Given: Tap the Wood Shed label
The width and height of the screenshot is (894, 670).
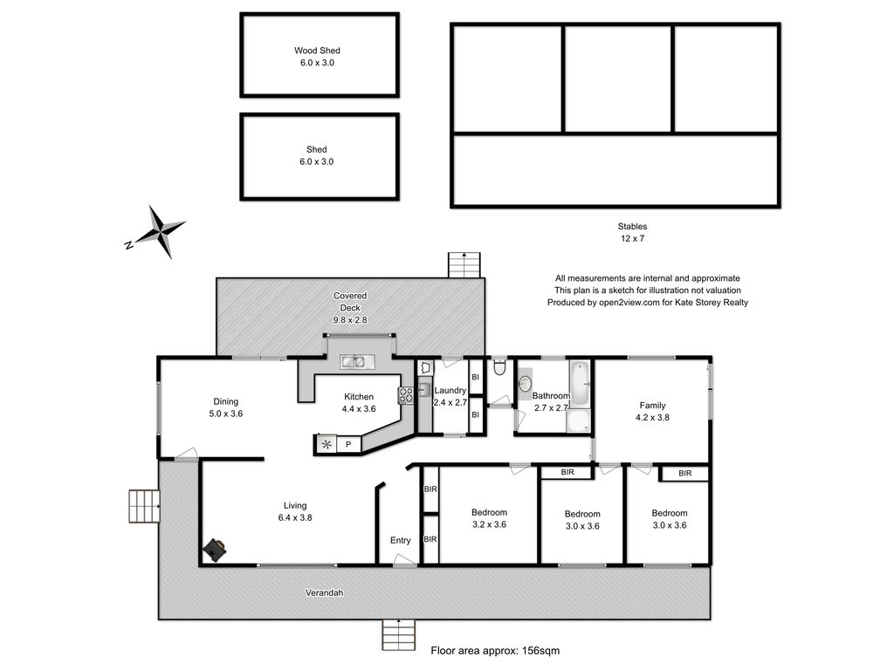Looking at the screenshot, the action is click(317, 50).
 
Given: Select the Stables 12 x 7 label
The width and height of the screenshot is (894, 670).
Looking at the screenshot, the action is click(632, 232).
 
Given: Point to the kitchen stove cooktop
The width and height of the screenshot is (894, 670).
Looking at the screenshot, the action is click(406, 395).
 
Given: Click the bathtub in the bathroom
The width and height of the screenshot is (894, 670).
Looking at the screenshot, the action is click(580, 383).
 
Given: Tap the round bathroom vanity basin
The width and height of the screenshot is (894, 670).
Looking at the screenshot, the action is click(525, 384).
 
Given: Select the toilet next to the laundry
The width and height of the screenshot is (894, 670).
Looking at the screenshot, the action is click(499, 366).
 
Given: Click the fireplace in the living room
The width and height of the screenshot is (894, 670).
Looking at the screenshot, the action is click(216, 550).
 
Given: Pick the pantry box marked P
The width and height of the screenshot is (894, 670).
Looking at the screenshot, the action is click(349, 444).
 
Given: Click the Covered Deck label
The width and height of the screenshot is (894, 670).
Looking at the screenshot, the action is click(350, 302).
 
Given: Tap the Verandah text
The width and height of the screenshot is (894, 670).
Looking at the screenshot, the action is click(325, 593).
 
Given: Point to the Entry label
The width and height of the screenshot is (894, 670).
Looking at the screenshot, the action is click(400, 541).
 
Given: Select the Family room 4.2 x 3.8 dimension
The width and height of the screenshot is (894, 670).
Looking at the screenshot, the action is click(652, 418).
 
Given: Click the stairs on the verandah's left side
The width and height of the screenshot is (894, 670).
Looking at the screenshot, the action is click(144, 506).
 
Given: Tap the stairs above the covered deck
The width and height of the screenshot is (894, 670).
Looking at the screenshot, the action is click(464, 265).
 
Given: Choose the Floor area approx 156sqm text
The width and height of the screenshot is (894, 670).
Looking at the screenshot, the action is click(495, 651).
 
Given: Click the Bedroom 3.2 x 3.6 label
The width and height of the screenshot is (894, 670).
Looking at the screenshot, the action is click(489, 518).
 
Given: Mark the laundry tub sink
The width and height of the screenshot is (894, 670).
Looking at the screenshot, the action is click(425, 390).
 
